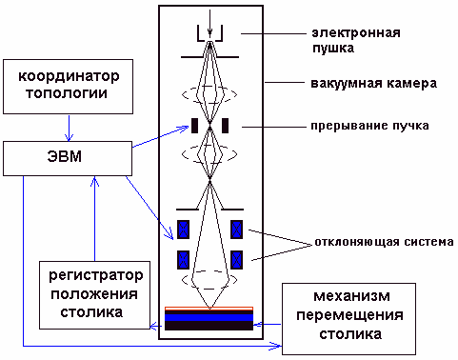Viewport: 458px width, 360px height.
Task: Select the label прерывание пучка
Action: (367, 125)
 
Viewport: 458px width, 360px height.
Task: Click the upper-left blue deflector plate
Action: (184, 229)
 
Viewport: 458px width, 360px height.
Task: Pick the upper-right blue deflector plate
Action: (237, 229)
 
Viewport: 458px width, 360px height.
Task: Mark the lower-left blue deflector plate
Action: (184, 259)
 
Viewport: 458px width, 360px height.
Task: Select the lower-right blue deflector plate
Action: (237, 259)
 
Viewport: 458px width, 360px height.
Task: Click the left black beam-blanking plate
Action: (194, 125)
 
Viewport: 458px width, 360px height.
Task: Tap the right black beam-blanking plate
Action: (226, 125)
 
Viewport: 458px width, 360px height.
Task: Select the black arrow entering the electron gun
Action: (210, 17)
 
